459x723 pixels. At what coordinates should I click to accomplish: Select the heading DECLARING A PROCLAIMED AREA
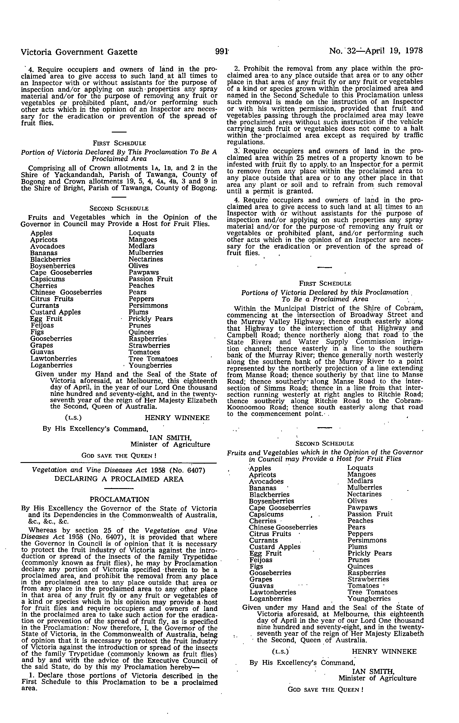(119, 479)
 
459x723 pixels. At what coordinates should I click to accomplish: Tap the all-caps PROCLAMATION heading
(119, 500)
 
